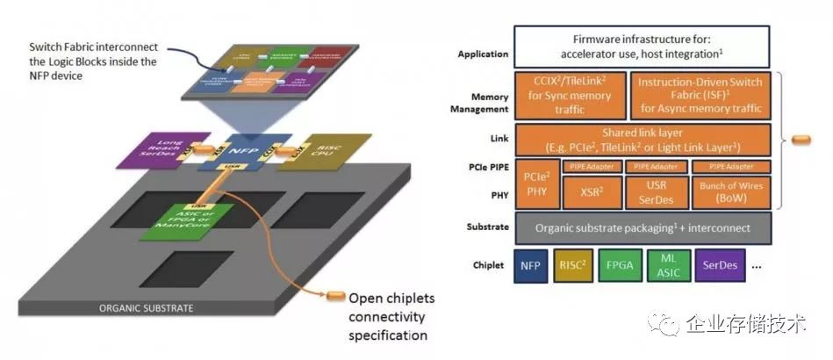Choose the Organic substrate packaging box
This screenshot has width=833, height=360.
tap(643, 227)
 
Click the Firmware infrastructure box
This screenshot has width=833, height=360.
tap(643, 47)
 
